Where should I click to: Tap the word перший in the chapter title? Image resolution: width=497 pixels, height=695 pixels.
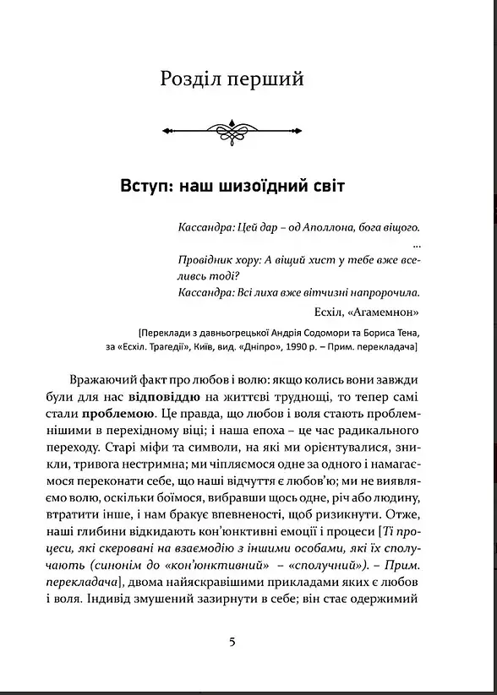[x=271, y=81]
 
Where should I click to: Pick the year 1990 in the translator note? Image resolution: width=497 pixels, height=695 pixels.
[x=317, y=345]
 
